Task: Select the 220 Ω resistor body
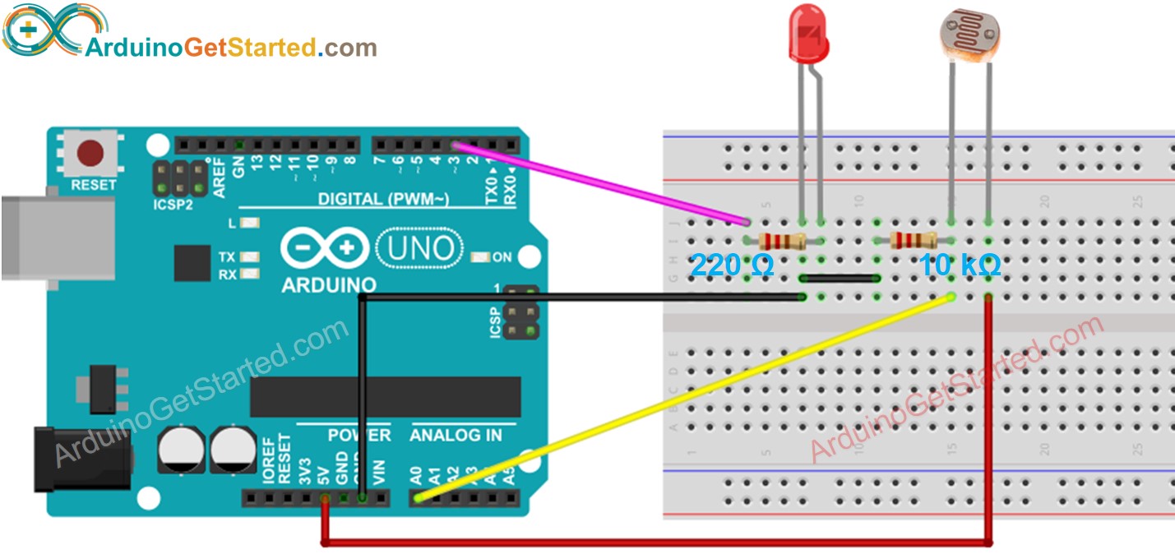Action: (781, 241)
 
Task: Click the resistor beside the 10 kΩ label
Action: (913, 240)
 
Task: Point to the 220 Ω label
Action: (731, 266)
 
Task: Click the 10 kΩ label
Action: (959, 266)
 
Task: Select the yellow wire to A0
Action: (682, 398)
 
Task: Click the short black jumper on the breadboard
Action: (839, 279)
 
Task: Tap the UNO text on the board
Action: (419, 247)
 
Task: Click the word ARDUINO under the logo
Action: (328, 285)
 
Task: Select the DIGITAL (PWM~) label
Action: (383, 199)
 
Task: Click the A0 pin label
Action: (417, 476)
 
